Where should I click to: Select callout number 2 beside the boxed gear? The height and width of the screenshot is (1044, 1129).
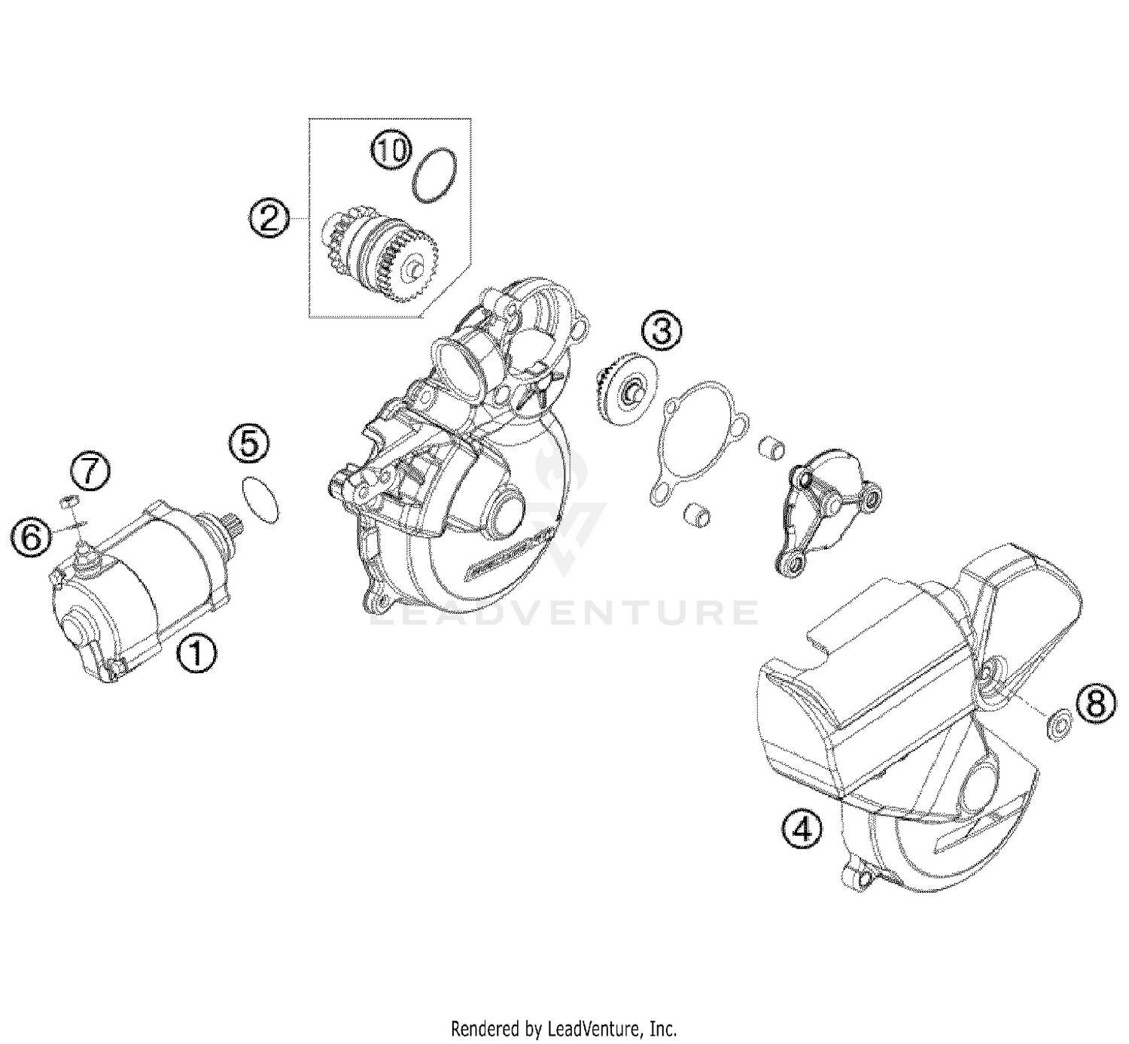(x=269, y=217)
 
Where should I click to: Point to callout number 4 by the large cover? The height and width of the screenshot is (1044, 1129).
(x=802, y=830)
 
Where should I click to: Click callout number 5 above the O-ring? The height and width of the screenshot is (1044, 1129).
(x=250, y=444)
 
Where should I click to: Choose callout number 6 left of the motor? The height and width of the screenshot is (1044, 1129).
(x=31, y=537)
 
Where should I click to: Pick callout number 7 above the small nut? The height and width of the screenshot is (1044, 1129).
(x=90, y=472)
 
